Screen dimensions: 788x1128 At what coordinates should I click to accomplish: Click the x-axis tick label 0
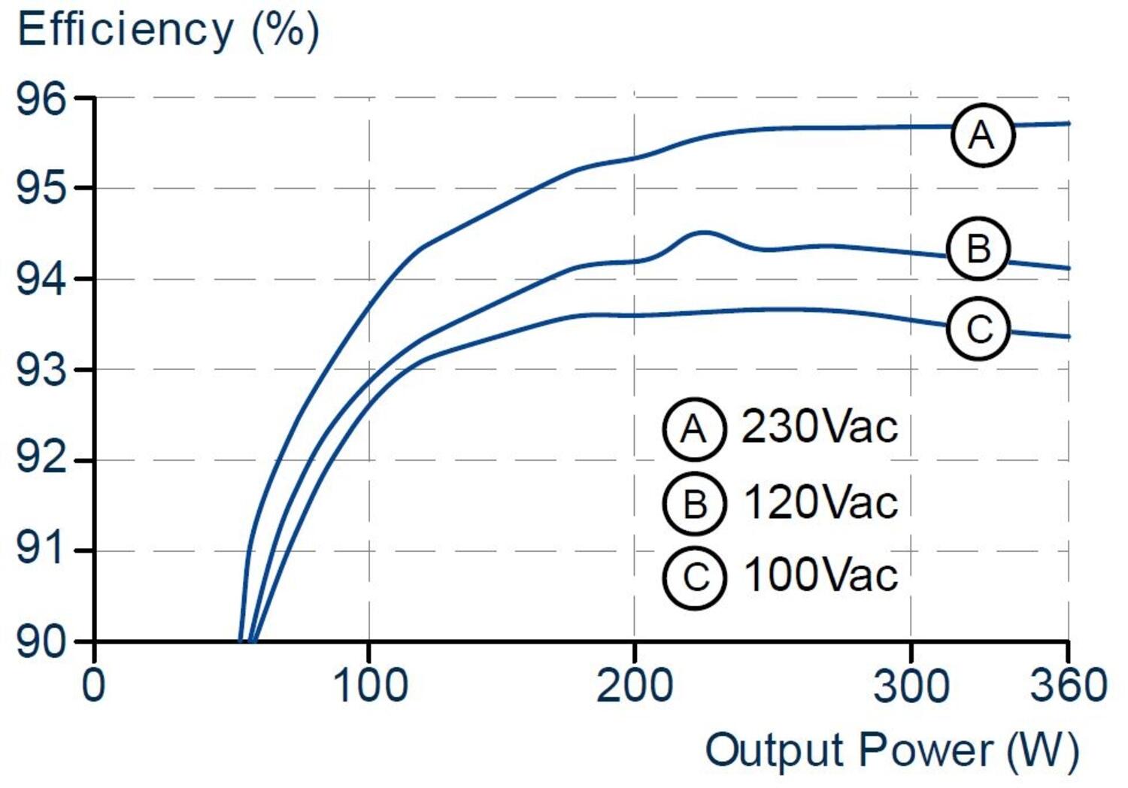coord(93,686)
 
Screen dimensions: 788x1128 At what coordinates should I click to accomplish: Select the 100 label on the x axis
coord(370,686)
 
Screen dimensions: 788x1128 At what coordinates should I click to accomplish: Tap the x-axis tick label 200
coord(634,686)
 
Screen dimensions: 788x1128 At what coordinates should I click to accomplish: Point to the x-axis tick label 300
coord(911,686)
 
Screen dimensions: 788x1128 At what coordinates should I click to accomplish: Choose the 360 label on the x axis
coord(1068,686)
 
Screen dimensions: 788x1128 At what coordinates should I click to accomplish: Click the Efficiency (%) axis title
coord(168,30)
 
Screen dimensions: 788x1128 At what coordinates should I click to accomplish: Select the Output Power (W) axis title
coord(892,751)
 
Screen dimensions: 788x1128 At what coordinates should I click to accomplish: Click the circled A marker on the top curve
coord(982,135)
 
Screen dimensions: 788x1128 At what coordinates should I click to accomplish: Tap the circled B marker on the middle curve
coord(978,249)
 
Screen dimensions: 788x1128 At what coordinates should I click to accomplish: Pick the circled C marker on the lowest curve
coord(978,329)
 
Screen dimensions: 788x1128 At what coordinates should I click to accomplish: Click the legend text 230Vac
coord(820,427)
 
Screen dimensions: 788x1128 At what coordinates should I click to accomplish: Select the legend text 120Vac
coord(820,502)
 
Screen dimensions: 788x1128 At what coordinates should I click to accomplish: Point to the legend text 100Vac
coord(820,575)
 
